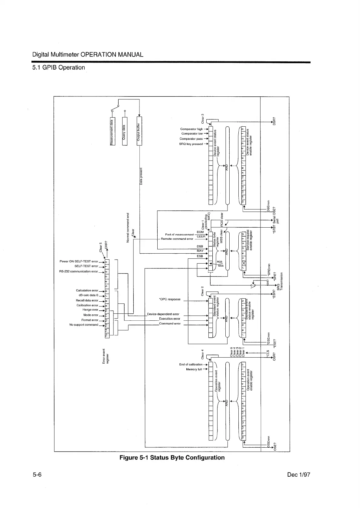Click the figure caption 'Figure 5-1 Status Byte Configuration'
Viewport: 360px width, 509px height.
point(172,457)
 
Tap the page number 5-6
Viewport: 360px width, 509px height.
point(37,475)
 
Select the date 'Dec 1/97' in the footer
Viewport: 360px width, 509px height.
point(299,475)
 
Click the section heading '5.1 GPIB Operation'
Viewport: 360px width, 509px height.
point(59,67)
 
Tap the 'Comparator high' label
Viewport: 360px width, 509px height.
point(191,129)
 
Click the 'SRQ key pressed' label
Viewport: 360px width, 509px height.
point(191,144)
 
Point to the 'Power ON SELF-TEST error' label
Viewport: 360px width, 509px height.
point(79,261)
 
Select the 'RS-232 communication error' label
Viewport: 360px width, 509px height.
point(78,271)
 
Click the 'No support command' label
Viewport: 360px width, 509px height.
point(83,325)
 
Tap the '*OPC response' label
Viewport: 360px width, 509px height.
point(169,299)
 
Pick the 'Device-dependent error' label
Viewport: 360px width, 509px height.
point(163,314)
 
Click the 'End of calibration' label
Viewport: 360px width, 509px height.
point(191,365)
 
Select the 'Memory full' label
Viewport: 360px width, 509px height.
point(194,369)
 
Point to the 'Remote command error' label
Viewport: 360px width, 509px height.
point(177,239)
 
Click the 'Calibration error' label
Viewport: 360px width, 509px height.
point(87,305)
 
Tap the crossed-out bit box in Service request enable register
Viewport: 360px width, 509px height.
point(244,266)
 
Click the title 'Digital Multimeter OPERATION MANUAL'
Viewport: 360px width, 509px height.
point(88,55)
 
